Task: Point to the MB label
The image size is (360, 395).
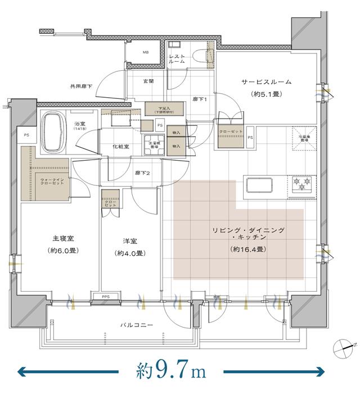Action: click(x=145, y=53)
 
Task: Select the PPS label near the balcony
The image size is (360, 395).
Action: click(x=105, y=296)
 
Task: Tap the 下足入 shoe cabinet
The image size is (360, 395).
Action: click(x=164, y=108)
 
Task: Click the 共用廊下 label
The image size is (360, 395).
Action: click(x=81, y=86)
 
